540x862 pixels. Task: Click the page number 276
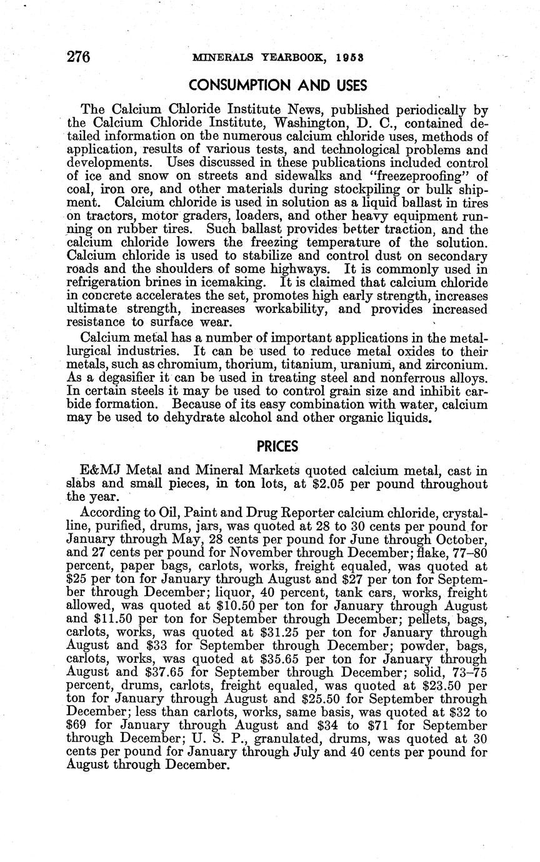click(79, 56)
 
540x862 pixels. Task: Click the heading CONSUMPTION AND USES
click(279, 85)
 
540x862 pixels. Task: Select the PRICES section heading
click(277, 447)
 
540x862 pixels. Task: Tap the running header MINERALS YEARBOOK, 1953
click(279, 57)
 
